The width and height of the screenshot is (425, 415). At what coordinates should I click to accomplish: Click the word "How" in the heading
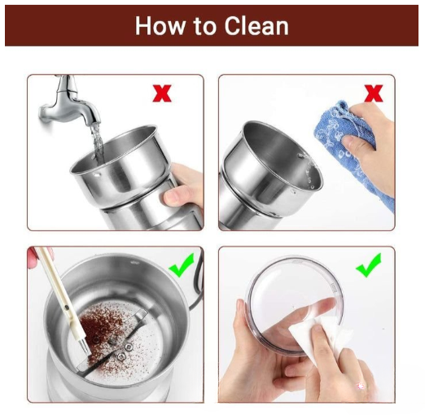[160, 26]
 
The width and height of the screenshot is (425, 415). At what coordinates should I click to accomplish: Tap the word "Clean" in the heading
[256, 26]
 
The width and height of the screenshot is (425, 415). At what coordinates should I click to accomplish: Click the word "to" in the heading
[205, 27]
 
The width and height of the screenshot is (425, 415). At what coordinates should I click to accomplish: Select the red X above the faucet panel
[162, 94]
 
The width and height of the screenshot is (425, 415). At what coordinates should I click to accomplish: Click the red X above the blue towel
[374, 94]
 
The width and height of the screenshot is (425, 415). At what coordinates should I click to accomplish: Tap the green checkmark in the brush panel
[182, 265]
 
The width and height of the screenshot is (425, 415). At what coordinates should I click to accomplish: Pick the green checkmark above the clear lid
[369, 265]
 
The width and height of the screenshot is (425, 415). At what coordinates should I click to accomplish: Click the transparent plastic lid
[295, 305]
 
